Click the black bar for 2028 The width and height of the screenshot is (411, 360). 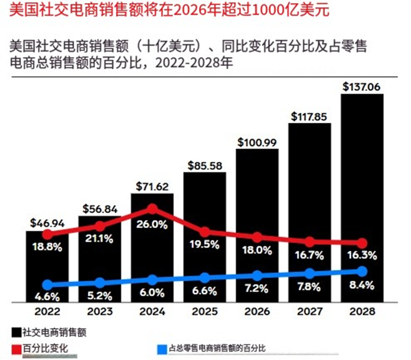point(362,160)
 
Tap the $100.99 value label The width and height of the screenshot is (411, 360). point(257,142)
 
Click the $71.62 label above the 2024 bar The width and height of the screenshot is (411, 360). point(152,187)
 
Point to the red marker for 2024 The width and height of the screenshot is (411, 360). point(152,208)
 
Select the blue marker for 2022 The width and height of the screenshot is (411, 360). point(47,285)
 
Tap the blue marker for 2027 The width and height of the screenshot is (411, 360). point(309,273)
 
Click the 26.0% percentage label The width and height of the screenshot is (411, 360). point(152,224)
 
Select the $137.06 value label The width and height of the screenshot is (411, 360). point(362,86)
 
